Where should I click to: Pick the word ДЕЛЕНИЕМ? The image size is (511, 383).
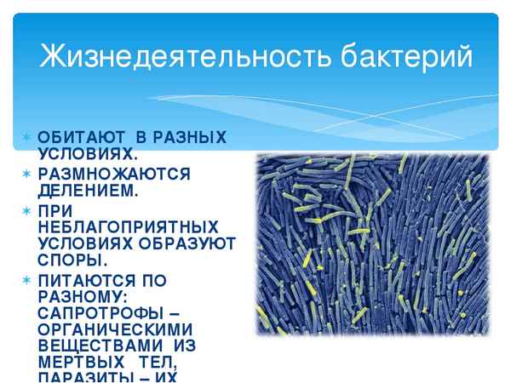(86, 190)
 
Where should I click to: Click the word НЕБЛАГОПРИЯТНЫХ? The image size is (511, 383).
(127, 226)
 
